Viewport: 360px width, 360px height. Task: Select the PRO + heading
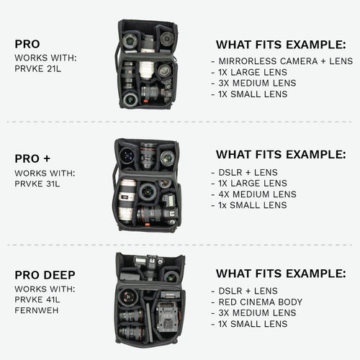(x=33, y=158)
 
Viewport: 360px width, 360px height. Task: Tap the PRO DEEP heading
(x=45, y=274)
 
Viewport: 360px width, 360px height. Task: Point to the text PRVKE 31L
(x=38, y=184)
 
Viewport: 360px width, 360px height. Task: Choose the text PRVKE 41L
(x=38, y=300)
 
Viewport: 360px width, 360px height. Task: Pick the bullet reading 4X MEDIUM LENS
(x=257, y=194)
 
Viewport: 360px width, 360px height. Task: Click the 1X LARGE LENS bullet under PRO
(x=253, y=73)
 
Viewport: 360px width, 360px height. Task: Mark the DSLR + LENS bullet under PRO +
(x=246, y=173)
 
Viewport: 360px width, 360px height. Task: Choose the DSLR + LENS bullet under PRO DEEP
(x=246, y=291)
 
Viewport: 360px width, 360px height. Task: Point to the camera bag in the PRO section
(x=146, y=64)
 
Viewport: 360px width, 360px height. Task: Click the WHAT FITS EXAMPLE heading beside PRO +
(x=281, y=155)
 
